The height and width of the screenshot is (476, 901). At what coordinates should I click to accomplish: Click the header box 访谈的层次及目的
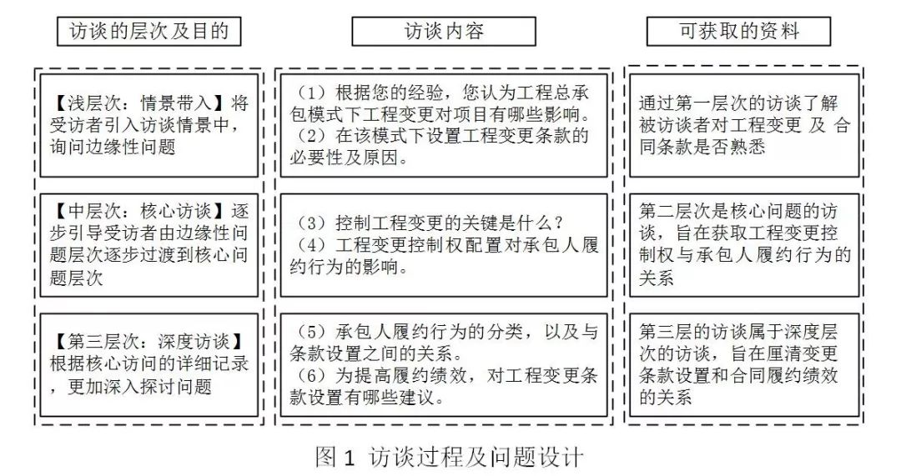point(148,31)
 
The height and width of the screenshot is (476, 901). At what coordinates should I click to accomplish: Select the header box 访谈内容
point(444,31)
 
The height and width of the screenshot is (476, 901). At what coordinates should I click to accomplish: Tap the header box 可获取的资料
point(738,31)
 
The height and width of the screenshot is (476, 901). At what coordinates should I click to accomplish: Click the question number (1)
point(311,93)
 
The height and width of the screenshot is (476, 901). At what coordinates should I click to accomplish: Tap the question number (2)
point(311,136)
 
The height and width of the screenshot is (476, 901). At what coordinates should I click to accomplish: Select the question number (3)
point(311,223)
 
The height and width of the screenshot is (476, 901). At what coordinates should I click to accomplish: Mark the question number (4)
point(311,245)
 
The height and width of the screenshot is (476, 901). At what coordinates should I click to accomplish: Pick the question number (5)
point(311,332)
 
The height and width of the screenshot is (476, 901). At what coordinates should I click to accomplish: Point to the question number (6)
point(311,375)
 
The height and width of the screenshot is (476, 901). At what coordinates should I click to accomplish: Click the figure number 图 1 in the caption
point(336,458)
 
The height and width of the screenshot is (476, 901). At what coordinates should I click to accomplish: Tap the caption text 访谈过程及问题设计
point(476,458)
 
